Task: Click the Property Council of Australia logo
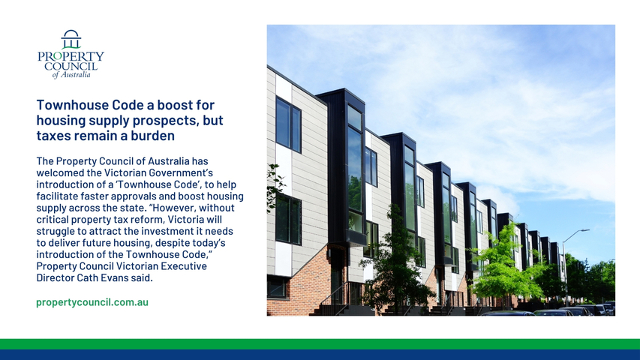tap(71, 54)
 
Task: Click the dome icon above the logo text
tap(71, 39)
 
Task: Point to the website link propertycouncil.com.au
tap(92, 302)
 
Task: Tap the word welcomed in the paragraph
tap(55, 172)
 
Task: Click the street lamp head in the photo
tap(584, 230)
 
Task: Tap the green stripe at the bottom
tap(320, 344)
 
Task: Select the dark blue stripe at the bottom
tap(320, 355)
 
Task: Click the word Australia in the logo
tap(76, 75)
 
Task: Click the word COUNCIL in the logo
tap(71, 66)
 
